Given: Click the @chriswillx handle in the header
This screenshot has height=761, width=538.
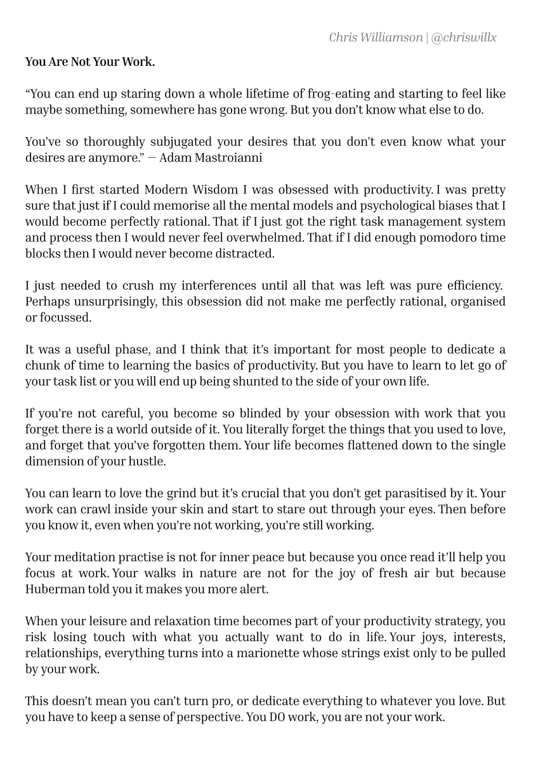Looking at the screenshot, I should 464,37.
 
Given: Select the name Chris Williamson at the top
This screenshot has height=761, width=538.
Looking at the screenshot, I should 376,37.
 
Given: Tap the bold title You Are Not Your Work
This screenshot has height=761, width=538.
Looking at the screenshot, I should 90,62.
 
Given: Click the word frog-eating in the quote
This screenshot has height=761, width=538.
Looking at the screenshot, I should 339,94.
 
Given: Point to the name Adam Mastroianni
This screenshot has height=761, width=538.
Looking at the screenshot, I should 211,158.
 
